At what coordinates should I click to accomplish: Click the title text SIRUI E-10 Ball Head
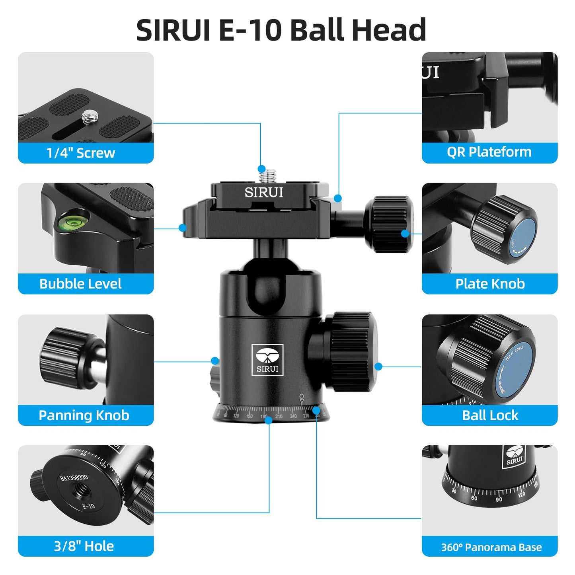tap(281, 30)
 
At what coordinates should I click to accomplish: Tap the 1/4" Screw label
tap(81, 153)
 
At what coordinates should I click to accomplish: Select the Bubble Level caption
tap(80, 284)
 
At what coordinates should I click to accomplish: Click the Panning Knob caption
tap(84, 415)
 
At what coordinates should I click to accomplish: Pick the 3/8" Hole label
tap(84, 546)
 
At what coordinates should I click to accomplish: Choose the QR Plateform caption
tap(489, 152)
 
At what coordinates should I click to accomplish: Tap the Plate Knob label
tap(490, 284)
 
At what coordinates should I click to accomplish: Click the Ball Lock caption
tap(490, 415)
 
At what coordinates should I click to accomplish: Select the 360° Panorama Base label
tap(491, 547)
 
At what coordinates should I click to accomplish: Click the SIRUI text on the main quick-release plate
tap(264, 193)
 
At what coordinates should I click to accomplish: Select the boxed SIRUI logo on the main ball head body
tap(267, 360)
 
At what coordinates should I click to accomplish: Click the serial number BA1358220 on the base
tap(74, 478)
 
